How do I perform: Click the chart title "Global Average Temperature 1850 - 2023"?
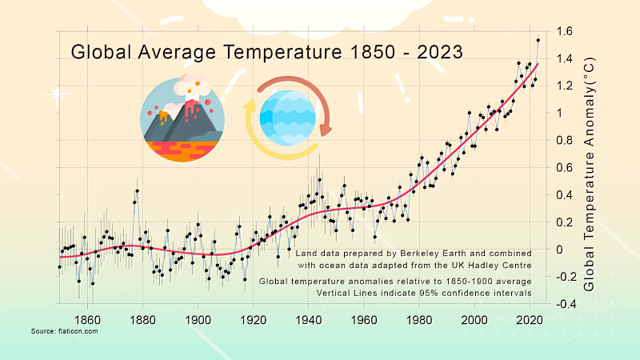click(x=266, y=53)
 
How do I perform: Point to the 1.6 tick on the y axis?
click(x=564, y=32)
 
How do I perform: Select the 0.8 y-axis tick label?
click(x=564, y=141)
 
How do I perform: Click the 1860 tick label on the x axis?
click(x=87, y=319)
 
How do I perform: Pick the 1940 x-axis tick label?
click(x=309, y=319)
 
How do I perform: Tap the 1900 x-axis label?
click(x=198, y=319)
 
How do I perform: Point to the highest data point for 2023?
click(x=538, y=40)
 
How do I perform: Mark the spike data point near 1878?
click(x=137, y=191)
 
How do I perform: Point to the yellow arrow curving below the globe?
click(x=268, y=142)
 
